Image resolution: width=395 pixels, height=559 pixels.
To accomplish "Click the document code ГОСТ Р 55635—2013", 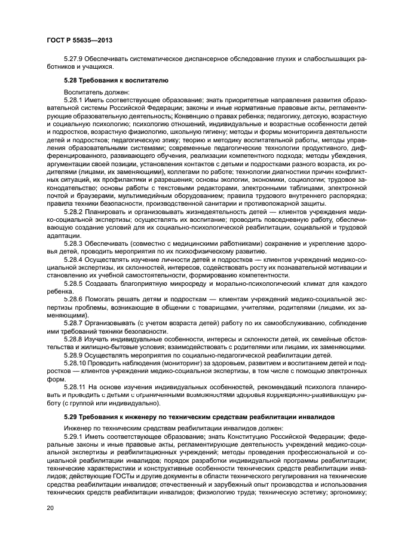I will click(x=79, y=40).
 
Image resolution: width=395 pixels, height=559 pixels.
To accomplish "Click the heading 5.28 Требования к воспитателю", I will click(x=116, y=80).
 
